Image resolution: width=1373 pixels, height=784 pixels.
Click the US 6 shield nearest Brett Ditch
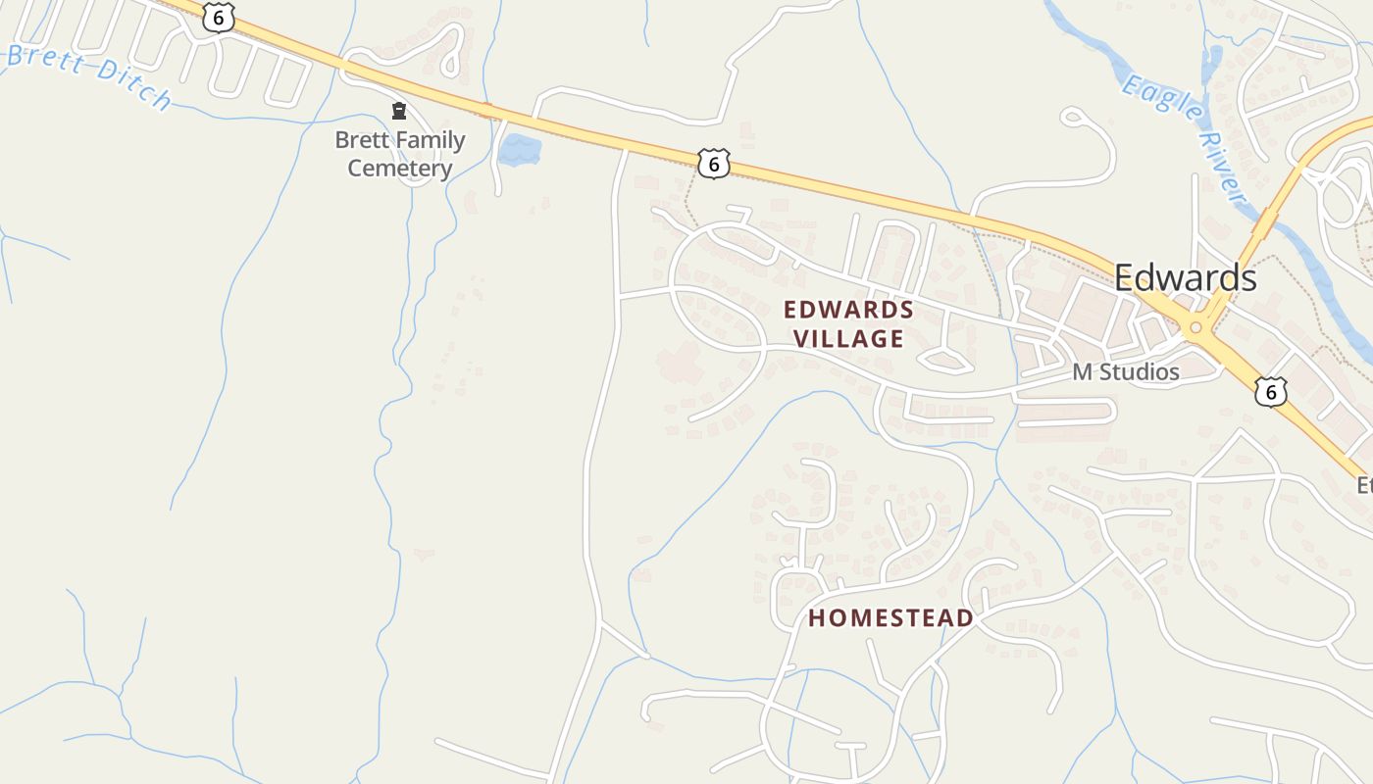pos(218,17)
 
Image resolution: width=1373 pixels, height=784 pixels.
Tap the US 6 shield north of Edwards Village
pos(714,163)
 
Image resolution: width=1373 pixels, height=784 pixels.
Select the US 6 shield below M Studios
pos(1271,391)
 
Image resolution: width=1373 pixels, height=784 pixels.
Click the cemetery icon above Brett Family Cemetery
pos(399,112)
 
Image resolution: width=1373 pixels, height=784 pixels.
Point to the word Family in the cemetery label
pos(427,140)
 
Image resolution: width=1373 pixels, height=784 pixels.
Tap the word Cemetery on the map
pos(400,169)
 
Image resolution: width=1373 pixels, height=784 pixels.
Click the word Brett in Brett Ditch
pos(47,60)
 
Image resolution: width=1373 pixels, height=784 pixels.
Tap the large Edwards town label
pos(1185,278)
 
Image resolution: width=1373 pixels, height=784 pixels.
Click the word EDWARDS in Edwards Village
pos(849,311)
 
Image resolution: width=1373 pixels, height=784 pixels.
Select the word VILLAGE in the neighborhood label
pos(848,339)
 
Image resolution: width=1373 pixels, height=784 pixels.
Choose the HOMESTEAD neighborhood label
pos(890,618)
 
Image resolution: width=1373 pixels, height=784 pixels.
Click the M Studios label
pos(1125,372)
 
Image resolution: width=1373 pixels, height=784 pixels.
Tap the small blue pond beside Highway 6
pos(519,150)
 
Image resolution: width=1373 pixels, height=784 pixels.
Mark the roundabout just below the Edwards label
pos(1195,328)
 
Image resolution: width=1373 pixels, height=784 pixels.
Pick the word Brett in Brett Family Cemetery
pos(359,140)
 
